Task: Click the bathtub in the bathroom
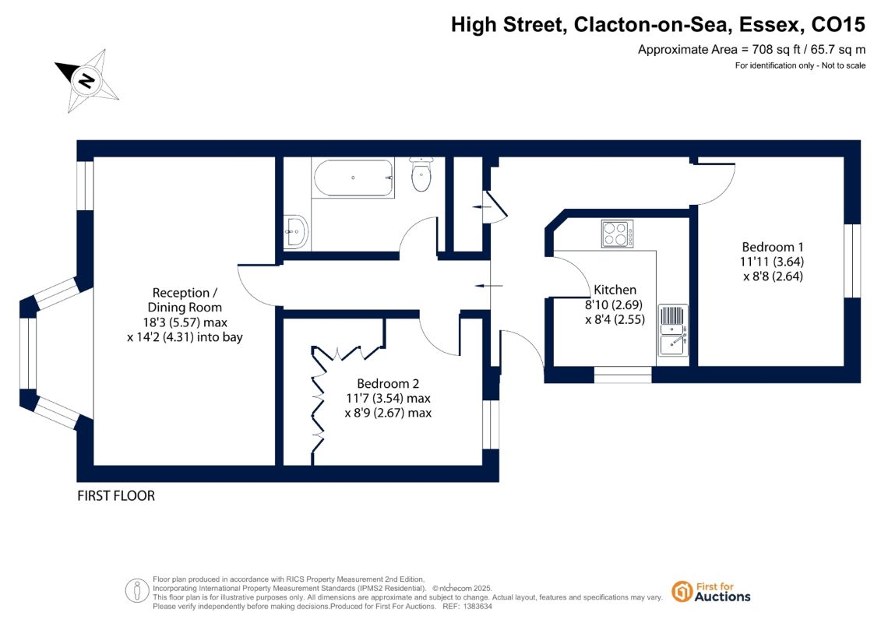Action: coord(353,178)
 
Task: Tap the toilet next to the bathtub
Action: coord(421,174)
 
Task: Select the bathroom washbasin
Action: coord(295,231)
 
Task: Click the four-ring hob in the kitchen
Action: coord(617,234)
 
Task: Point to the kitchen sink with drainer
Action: coord(672,330)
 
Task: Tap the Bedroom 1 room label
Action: coord(773,247)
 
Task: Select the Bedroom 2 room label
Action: coord(388,384)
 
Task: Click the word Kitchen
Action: coord(615,290)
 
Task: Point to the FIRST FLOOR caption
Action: coord(116,495)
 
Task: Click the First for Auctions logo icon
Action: coord(682,592)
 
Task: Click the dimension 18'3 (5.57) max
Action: coord(185,322)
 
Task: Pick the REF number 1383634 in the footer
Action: coord(476,607)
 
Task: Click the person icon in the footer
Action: coord(136,591)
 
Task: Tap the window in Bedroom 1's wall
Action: coord(851,261)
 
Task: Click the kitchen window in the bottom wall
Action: coord(622,375)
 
